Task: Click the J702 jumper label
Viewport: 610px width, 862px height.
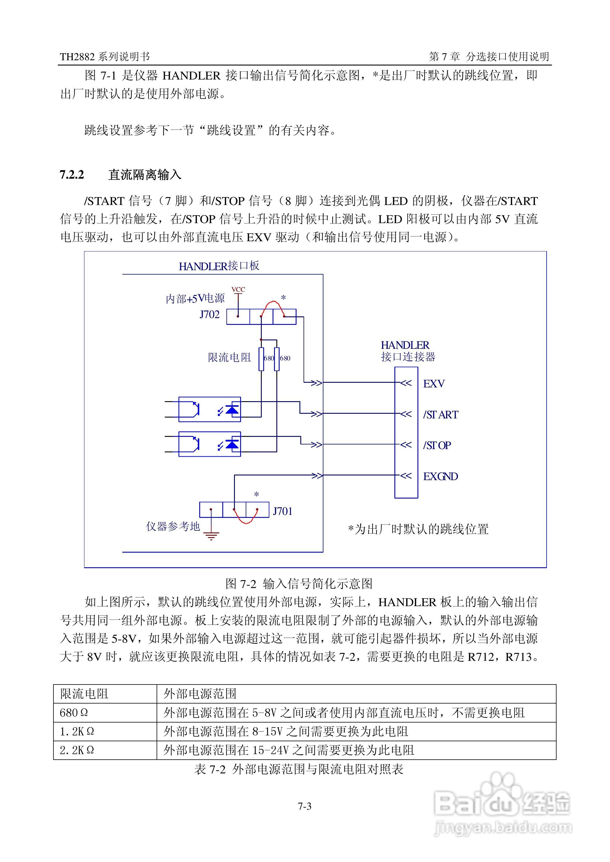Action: (x=209, y=314)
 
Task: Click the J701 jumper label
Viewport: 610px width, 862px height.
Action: (x=283, y=511)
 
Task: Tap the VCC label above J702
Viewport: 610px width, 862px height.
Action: (x=238, y=289)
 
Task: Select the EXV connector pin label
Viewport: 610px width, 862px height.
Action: (x=434, y=384)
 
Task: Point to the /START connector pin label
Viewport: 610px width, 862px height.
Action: (x=441, y=415)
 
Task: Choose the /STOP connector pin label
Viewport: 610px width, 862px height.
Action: (x=437, y=445)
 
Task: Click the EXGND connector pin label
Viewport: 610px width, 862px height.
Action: (x=440, y=476)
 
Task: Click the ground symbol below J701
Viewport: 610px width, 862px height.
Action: (x=211, y=535)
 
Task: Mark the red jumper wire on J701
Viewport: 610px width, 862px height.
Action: (x=246, y=520)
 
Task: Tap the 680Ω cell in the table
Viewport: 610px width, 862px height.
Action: (x=74, y=712)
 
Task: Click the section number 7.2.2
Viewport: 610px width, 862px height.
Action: (x=72, y=175)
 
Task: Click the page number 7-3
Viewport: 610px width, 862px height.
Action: (x=305, y=806)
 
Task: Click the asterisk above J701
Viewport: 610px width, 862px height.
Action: (x=257, y=495)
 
